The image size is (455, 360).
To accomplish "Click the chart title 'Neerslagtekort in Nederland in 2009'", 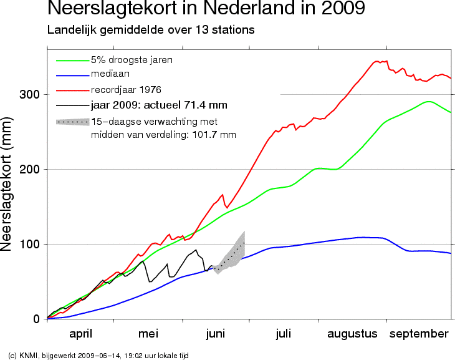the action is click(206, 8).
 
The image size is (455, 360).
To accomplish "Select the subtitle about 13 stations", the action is click(151, 30).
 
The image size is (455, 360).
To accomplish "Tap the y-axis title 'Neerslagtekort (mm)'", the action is click(6, 184).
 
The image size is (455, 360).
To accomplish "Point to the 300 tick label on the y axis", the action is click(29, 94).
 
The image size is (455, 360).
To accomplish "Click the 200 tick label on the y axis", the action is click(29, 169).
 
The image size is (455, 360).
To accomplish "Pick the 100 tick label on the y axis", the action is click(29, 244).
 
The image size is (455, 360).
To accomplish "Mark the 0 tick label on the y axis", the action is click(36, 319).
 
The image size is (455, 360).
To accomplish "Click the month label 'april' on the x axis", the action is click(80, 334).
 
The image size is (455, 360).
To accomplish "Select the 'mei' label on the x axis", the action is click(148, 334).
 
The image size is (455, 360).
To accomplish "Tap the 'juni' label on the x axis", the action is click(216, 334).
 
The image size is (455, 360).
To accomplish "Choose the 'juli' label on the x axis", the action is click(283, 334).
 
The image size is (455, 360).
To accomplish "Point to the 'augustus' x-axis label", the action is click(352, 334).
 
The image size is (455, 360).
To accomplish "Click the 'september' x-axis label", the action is click(419, 334).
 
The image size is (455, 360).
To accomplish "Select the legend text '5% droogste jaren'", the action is click(132, 60).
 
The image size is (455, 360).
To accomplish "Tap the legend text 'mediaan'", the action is click(110, 74).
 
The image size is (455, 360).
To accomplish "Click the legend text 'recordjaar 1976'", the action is click(126, 90).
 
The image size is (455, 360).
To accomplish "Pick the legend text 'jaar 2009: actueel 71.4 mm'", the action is click(159, 105).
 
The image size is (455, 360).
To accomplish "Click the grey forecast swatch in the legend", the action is click(72, 122).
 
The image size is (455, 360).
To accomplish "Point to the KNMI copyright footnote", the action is click(98, 356).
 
